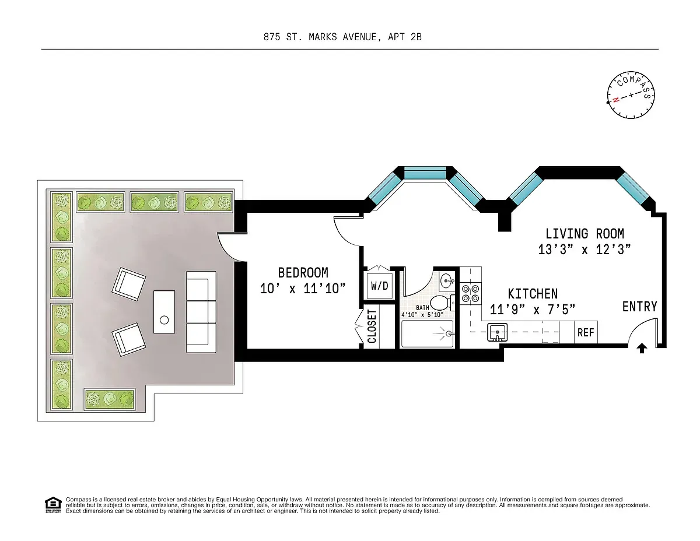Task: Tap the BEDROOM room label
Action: [x=303, y=273]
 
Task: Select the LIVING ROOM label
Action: [x=584, y=234]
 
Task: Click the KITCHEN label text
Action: [x=532, y=294]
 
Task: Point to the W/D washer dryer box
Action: [x=379, y=286]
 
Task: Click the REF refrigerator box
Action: [x=586, y=332]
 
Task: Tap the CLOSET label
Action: [x=372, y=326]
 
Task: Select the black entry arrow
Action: [x=642, y=348]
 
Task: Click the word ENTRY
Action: [x=639, y=307]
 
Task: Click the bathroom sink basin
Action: [x=446, y=280]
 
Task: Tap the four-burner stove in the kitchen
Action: [x=470, y=293]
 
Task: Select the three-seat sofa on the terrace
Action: [x=197, y=311]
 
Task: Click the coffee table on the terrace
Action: [x=164, y=312]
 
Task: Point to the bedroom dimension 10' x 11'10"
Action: [x=303, y=288]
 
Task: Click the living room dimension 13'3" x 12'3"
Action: [x=584, y=250]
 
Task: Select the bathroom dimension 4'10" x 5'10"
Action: [x=422, y=315]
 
